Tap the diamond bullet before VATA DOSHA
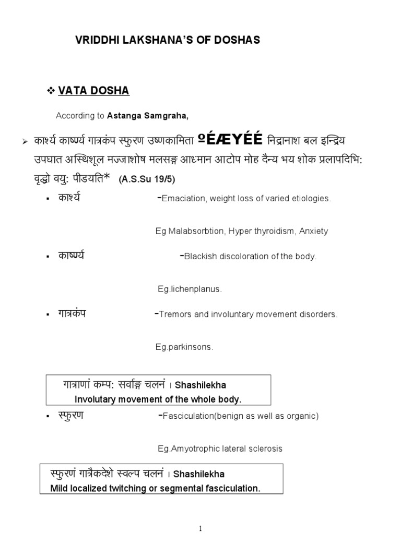point(51,91)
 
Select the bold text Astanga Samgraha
point(139,116)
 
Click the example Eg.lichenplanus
point(190,289)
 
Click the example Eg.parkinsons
point(185,347)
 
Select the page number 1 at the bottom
point(201,528)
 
